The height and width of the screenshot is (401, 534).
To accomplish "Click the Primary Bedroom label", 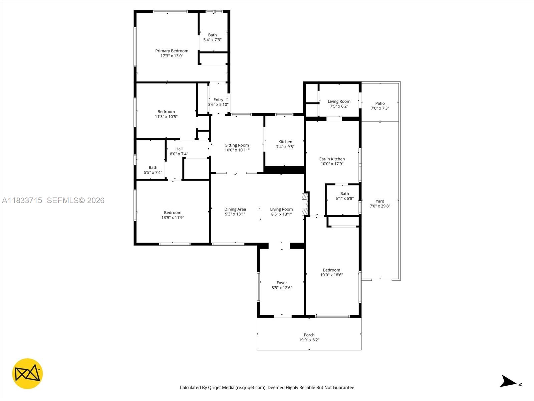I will pyautogui.click(x=172, y=51).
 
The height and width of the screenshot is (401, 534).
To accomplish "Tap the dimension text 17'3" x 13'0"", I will pyautogui.click(x=172, y=56).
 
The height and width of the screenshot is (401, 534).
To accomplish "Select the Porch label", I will pyautogui.click(x=309, y=335).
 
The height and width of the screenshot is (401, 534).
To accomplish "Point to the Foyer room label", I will pyautogui.click(x=282, y=283).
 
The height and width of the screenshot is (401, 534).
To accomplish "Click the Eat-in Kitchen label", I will pyautogui.click(x=332, y=159).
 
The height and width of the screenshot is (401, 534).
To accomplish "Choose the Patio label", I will pyautogui.click(x=380, y=103).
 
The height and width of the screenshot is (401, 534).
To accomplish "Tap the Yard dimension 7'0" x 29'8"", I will pyautogui.click(x=380, y=206).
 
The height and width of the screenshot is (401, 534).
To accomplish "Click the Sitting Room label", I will pyautogui.click(x=237, y=145).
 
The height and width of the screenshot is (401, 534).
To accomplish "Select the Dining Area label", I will pyautogui.click(x=235, y=209).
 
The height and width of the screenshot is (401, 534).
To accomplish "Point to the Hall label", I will pyautogui.click(x=179, y=149).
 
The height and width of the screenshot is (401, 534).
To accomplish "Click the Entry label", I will pyautogui.click(x=218, y=100).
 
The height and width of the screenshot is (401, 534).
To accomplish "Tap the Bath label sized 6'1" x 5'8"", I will pyautogui.click(x=344, y=193).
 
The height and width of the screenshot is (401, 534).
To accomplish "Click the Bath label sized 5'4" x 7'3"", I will pyautogui.click(x=212, y=35).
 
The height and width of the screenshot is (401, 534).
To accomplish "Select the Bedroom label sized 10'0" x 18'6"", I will pyautogui.click(x=331, y=270).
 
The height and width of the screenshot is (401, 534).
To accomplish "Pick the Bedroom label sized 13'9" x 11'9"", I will pyautogui.click(x=173, y=213).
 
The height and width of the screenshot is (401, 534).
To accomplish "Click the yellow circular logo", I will pyautogui.click(x=27, y=374).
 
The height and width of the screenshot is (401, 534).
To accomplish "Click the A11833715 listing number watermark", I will pyautogui.click(x=22, y=200).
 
